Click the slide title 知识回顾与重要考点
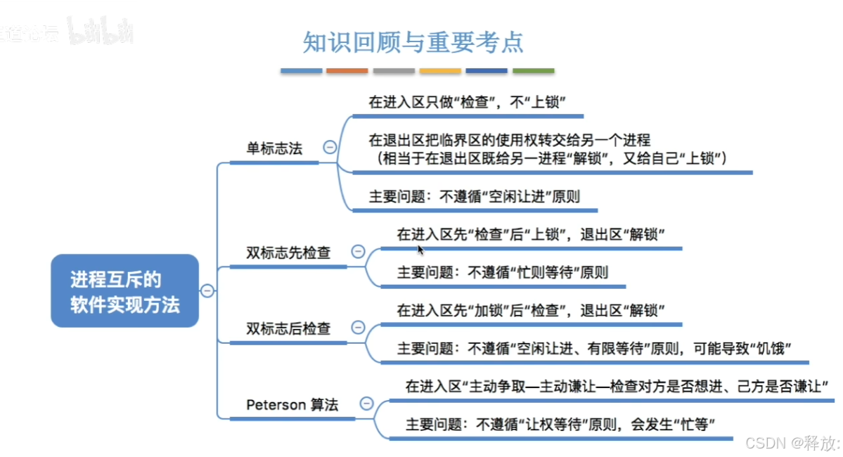413,41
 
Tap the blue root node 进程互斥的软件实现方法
124,292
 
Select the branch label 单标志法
274,148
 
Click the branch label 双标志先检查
288,252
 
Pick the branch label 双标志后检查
288,328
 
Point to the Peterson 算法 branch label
292,404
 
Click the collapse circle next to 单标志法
329,148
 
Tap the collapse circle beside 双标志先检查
358,252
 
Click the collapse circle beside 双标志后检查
358,328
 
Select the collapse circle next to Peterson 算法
366,404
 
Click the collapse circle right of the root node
207,291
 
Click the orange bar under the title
347,71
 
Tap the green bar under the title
534,71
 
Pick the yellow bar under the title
440,71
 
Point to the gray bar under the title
394,71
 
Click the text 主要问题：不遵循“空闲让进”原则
475,197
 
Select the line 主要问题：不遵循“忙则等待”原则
503,273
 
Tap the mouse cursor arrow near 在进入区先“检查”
420,249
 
